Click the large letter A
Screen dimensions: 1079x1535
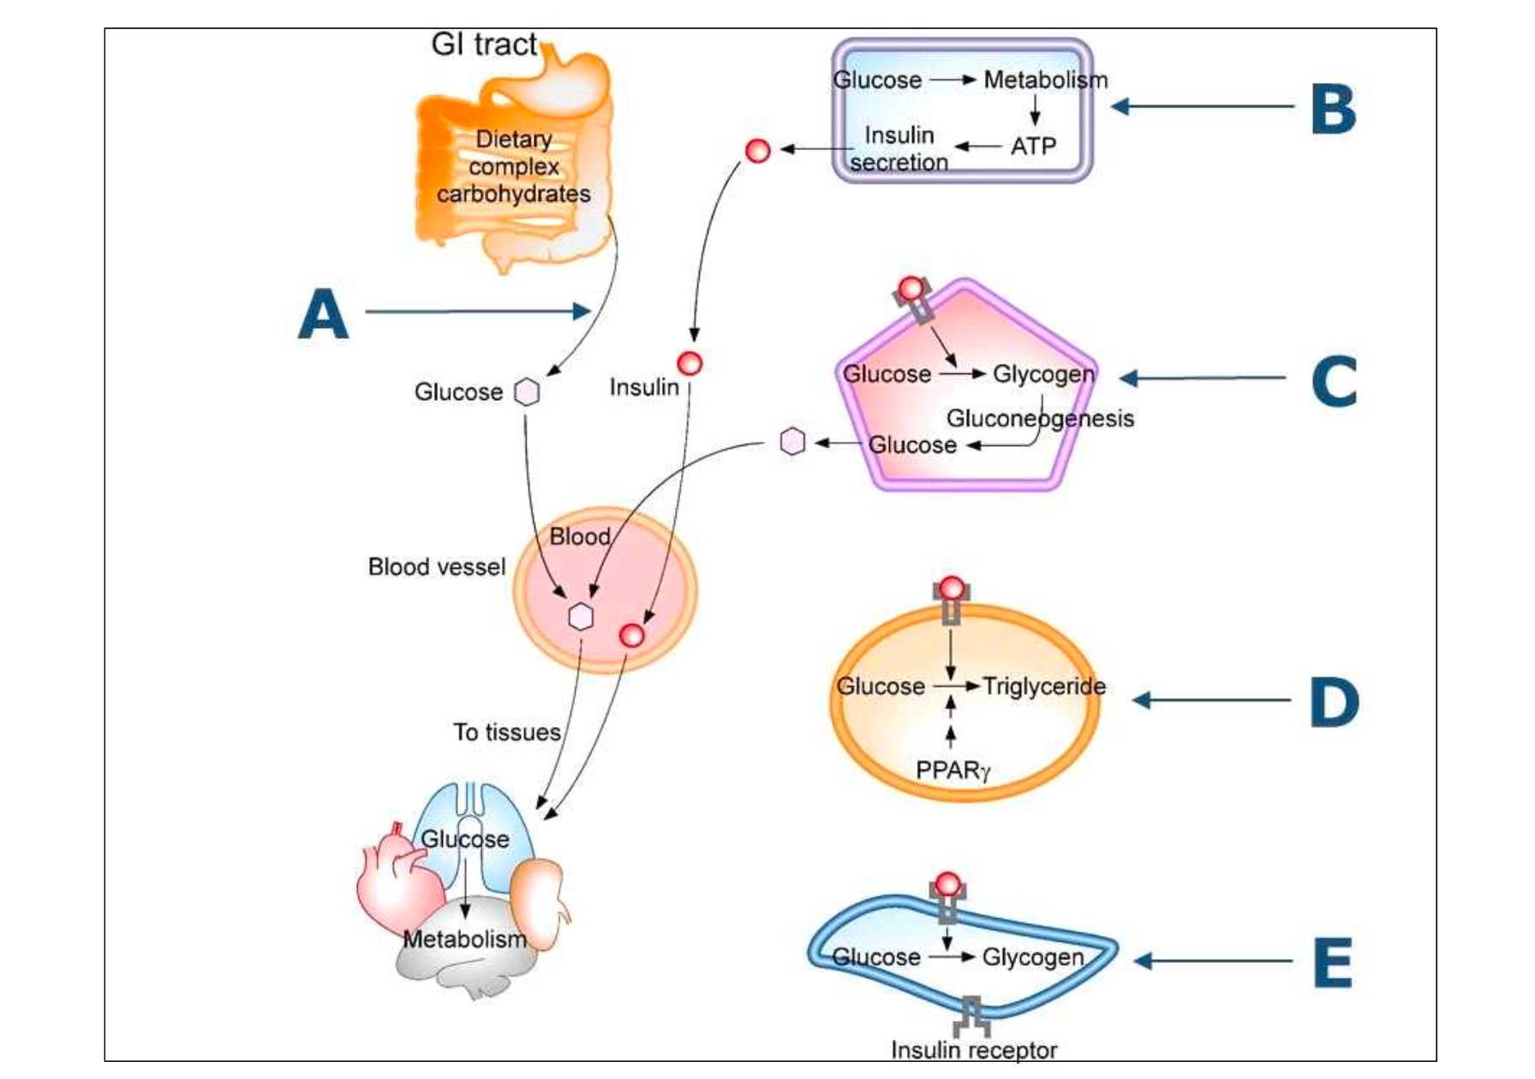pyautogui.click(x=323, y=314)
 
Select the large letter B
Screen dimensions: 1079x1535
pyautogui.click(x=1333, y=110)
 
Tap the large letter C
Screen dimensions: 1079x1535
pyautogui.click(x=1333, y=381)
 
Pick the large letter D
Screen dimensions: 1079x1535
pyautogui.click(x=1333, y=702)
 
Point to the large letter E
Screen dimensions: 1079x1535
pyautogui.click(x=1333, y=963)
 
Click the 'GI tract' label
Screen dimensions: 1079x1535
pyautogui.click(x=484, y=44)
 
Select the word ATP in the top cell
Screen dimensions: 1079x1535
pyautogui.click(x=1033, y=146)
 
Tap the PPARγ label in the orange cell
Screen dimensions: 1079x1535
pyautogui.click(x=953, y=771)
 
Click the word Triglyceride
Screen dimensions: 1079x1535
pyautogui.click(x=1043, y=686)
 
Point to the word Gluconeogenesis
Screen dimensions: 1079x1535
pyautogui.click(x=1040, y=418)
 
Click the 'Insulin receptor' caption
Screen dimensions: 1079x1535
pyautogui.click(x=974, y=1050)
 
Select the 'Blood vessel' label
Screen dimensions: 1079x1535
pyautogui.click(x=437, y=567)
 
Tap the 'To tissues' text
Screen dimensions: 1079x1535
pyautogui.click(x=506, y=732)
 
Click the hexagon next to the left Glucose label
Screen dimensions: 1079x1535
pyautogui.click(x=527, y=392)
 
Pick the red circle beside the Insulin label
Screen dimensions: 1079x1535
pyautogui.click(x=690, y=363)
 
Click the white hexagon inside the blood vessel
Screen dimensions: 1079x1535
pyautogui.click(x=581, y=617)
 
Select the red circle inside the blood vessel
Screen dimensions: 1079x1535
pyautogui.click(x=631, y=635)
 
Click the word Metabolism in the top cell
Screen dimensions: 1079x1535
pyautogui.click(x=1045, y=80)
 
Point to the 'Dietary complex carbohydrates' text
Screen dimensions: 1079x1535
pyautogui.click(x=514, y=166)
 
